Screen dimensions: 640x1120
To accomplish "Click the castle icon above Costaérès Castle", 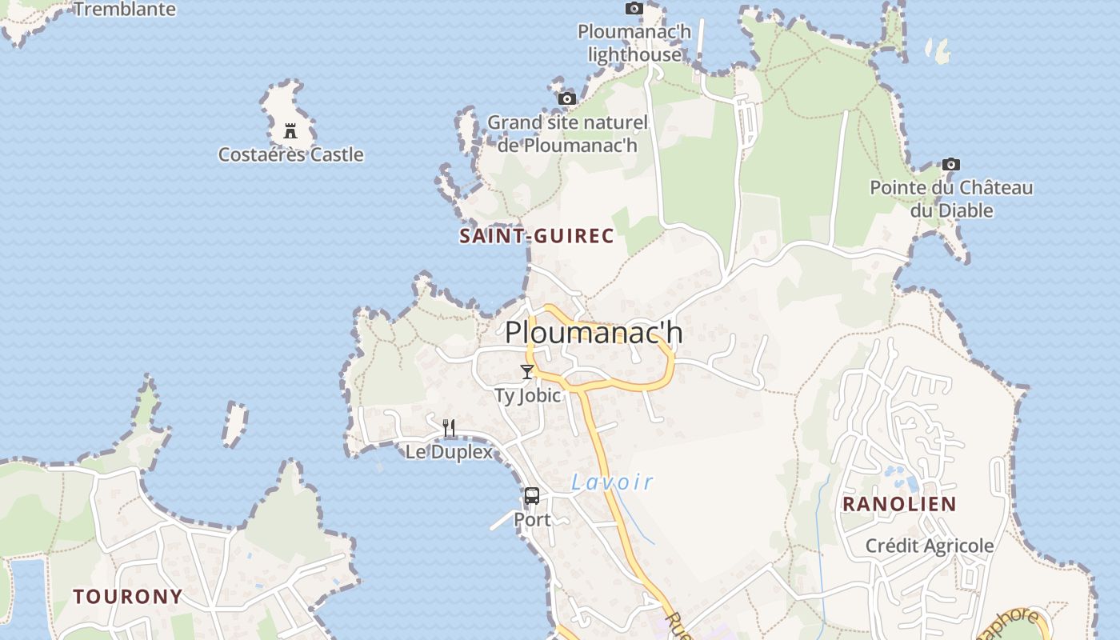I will tap(290, 131).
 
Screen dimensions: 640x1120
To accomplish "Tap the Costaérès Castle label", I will tap(291, 154).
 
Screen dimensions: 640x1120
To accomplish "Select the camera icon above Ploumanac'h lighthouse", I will tap(634, 8).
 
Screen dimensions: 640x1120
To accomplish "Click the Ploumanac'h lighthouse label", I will tap(634, 43).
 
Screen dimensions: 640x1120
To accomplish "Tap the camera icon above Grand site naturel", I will tap(567, 98).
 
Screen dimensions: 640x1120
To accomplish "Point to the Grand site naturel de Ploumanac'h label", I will tap(567, 134).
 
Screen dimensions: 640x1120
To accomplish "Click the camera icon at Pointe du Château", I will tap(950, 164).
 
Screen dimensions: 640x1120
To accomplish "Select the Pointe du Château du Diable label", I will tap(951, 199).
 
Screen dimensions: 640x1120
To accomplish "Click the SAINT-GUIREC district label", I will tap(537, 236).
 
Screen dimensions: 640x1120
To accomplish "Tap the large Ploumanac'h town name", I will tap(594, 332).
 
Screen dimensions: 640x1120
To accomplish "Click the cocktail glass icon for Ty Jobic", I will tap(526, 371).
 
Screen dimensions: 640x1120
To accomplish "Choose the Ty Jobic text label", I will tap(527, 395).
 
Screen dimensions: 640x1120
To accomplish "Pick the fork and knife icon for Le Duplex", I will tap(449, 428).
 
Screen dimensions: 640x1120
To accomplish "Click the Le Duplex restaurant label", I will tap(449, 451).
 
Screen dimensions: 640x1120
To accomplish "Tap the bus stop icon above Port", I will tap(532, 496).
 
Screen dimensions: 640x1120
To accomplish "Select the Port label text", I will tap(532, 520).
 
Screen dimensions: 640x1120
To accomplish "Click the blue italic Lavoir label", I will tap(612, 482).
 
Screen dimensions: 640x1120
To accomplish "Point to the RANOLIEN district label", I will tap(899, 504).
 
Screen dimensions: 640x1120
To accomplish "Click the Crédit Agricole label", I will tap(930, 546).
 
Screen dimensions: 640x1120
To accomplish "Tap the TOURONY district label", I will tap(128, 597).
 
